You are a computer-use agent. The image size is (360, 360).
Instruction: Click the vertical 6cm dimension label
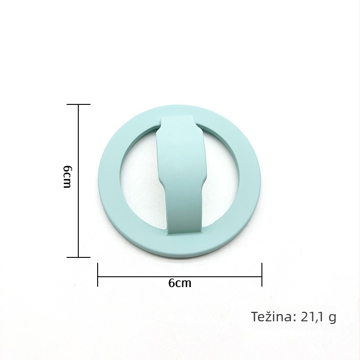[x=67, y=176]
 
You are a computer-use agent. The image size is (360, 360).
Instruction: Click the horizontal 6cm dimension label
[x=180, y=283]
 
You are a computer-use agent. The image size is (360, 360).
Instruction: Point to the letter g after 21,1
[x=332, y=318]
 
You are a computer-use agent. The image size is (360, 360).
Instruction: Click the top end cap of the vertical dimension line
[x=78, y=104]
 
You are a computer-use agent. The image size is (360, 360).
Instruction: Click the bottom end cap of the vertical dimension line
[x=78, y=257]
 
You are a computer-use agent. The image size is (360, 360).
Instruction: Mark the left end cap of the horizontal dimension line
[x=98, y=274]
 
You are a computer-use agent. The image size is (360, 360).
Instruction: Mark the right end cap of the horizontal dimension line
[x=262, y=274]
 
